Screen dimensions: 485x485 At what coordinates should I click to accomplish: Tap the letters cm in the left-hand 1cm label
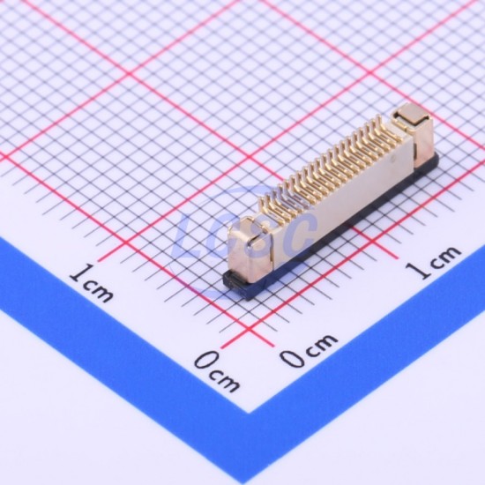(x=100, y=291)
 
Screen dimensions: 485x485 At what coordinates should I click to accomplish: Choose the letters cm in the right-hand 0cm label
(x=322, y=345)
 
